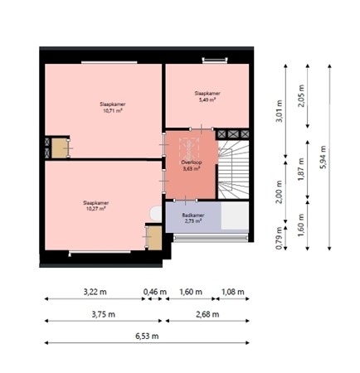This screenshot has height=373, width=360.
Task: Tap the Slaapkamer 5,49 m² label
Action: coord(207,96)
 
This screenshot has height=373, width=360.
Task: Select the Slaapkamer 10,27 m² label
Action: coord(95,205)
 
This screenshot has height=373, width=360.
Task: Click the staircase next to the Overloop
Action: coord(234,171)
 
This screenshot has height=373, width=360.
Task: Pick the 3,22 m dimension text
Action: coord(95,292)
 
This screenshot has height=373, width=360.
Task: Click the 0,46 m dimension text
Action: coord(155,292)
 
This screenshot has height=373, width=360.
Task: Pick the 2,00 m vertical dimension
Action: coord(279,196)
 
